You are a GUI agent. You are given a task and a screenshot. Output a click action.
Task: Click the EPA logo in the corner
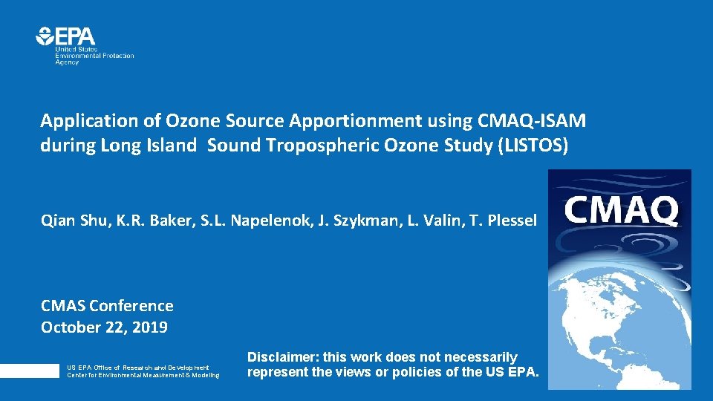click(x=66, y=36)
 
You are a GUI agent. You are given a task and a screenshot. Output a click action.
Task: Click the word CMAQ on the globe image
click(x=621, y=210)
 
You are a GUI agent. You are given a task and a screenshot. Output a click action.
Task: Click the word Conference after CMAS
click(x=131, y=306)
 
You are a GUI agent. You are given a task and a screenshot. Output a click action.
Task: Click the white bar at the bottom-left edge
click(x=29, y=371)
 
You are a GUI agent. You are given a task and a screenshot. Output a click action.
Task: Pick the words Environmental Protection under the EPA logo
click(x=94, y=56)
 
